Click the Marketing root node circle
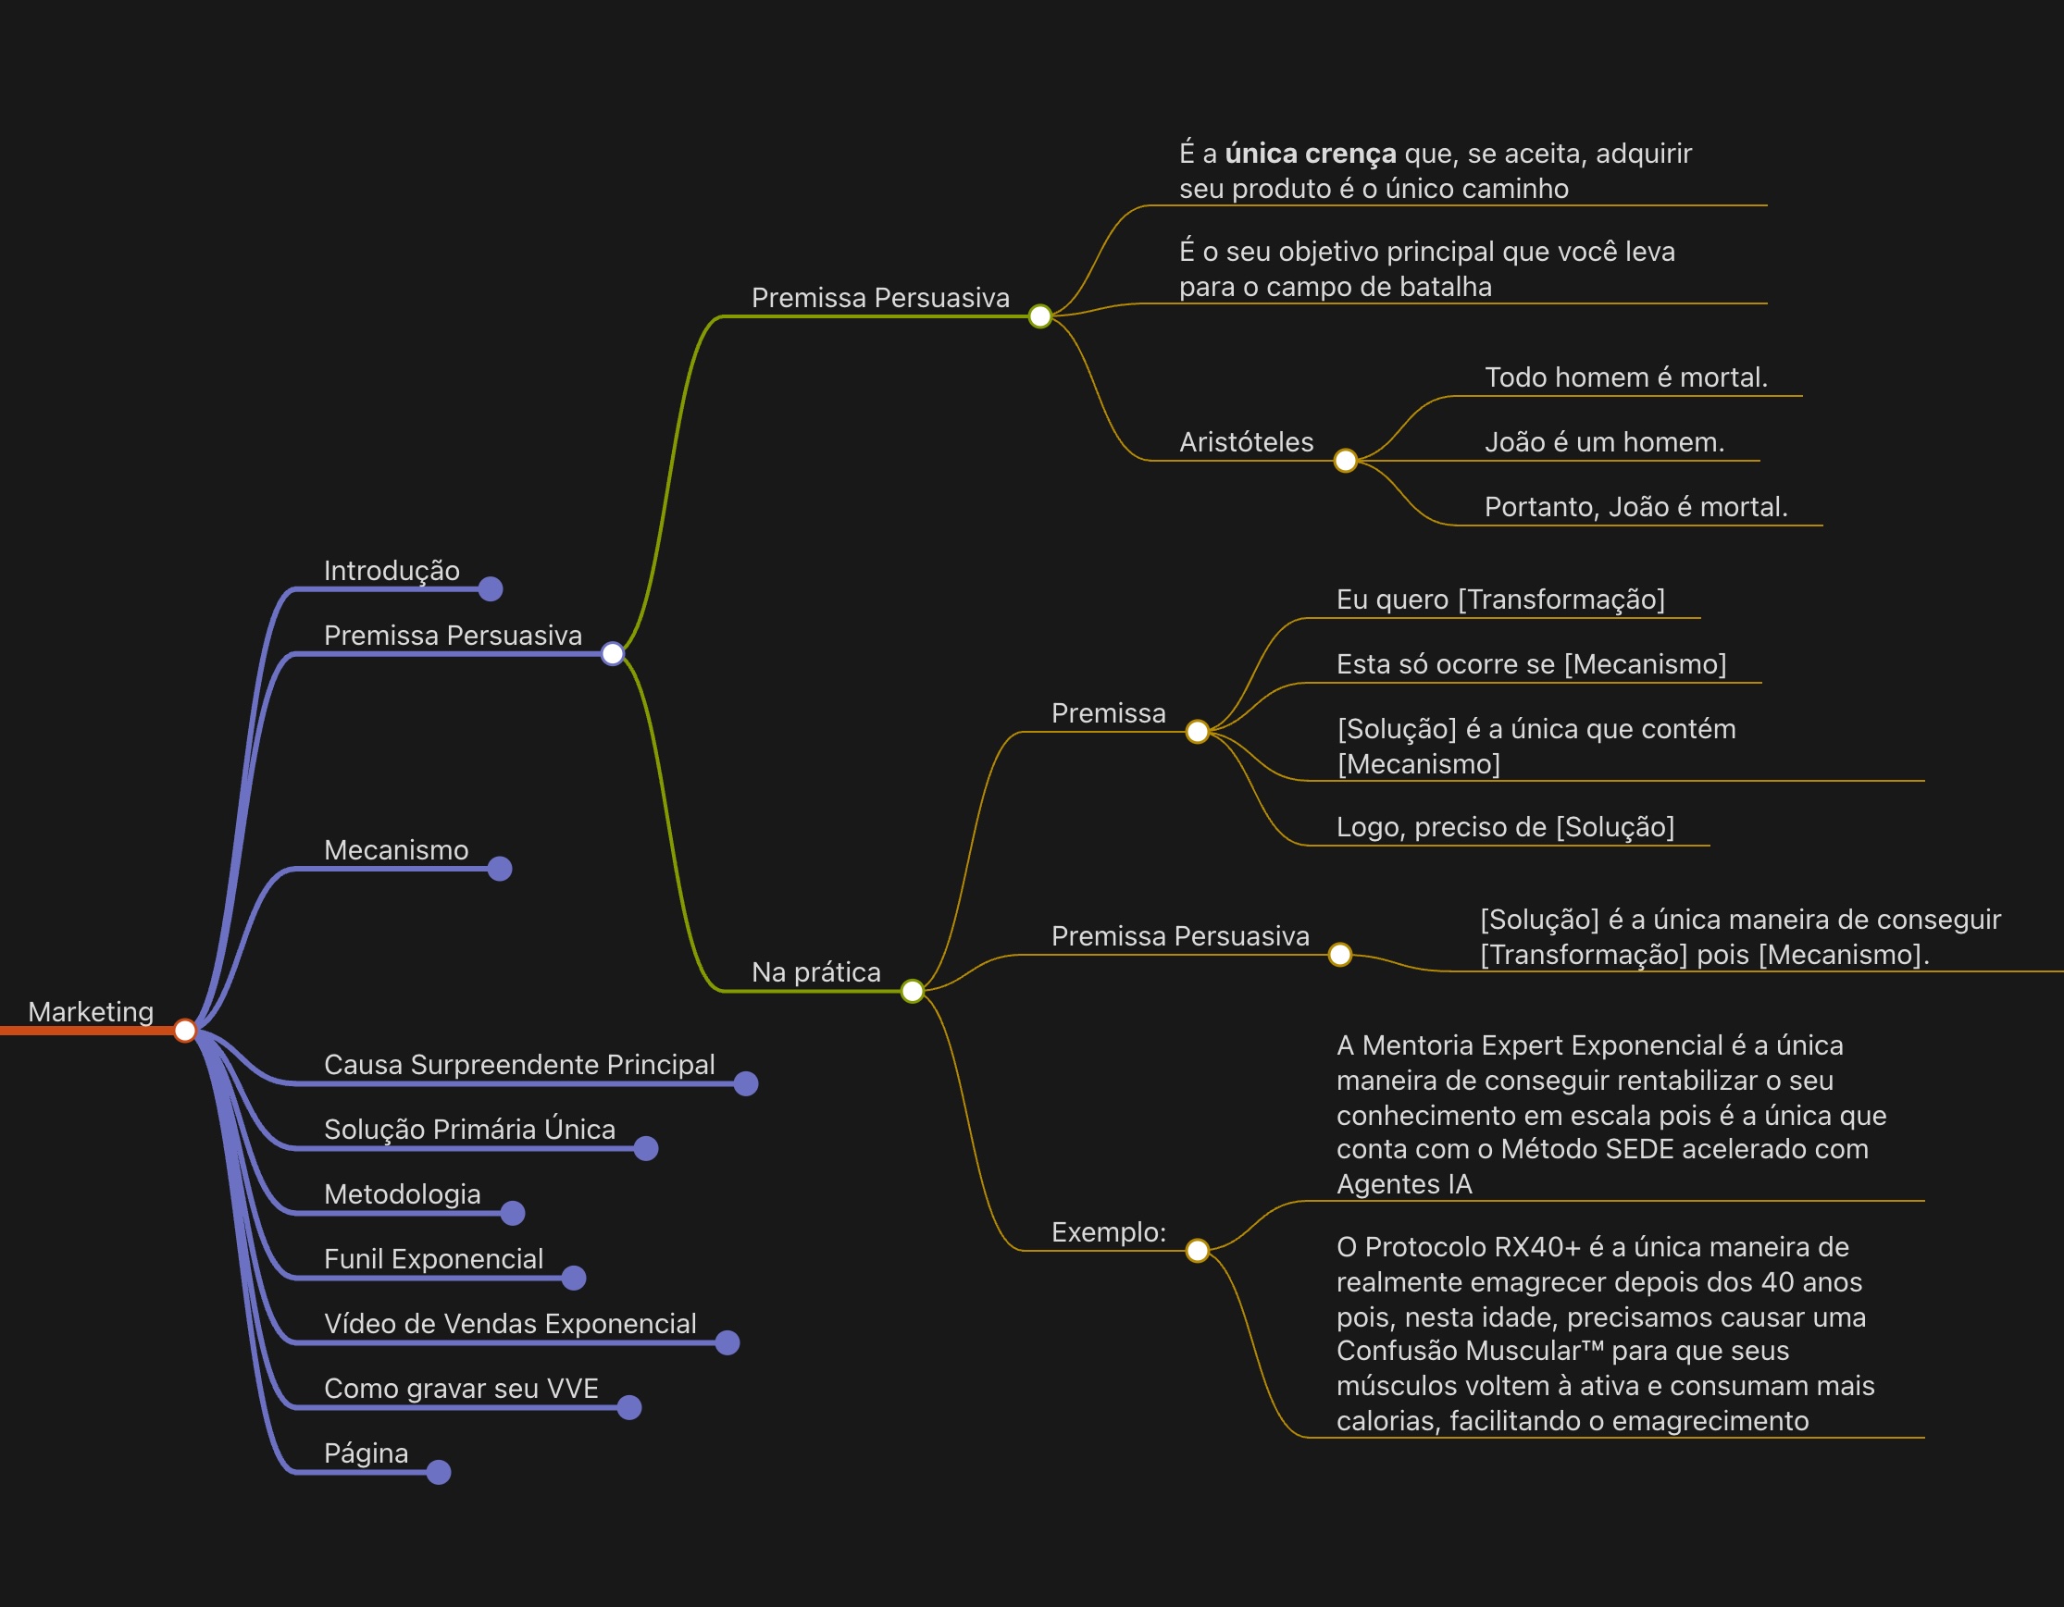(x=185, y=1030)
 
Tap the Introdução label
(x=392, y=571)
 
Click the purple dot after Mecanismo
(x=500, y=868)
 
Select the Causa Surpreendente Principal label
(x=519, y=1065)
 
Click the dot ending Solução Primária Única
(x=646, y=1149)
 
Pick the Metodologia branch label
(x=402, y=1194)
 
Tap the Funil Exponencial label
(x=433, y=1259)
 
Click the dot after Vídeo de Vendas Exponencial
(x=727, y=1342)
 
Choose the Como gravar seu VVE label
(x=461, y=1389)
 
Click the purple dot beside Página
(x=439, y=1472)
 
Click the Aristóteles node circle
(x=1345, y=461)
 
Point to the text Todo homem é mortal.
(x=1625, y=377)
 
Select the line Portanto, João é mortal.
(x=1635, y=507)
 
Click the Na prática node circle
(x=912, y=991)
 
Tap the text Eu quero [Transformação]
(x=1500, y=600)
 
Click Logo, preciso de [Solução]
(x=1506, y=828)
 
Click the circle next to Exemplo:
(x=1198, y=1251)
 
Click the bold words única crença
(x=1310, y=153)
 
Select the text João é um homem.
(x=1605, y=442)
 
